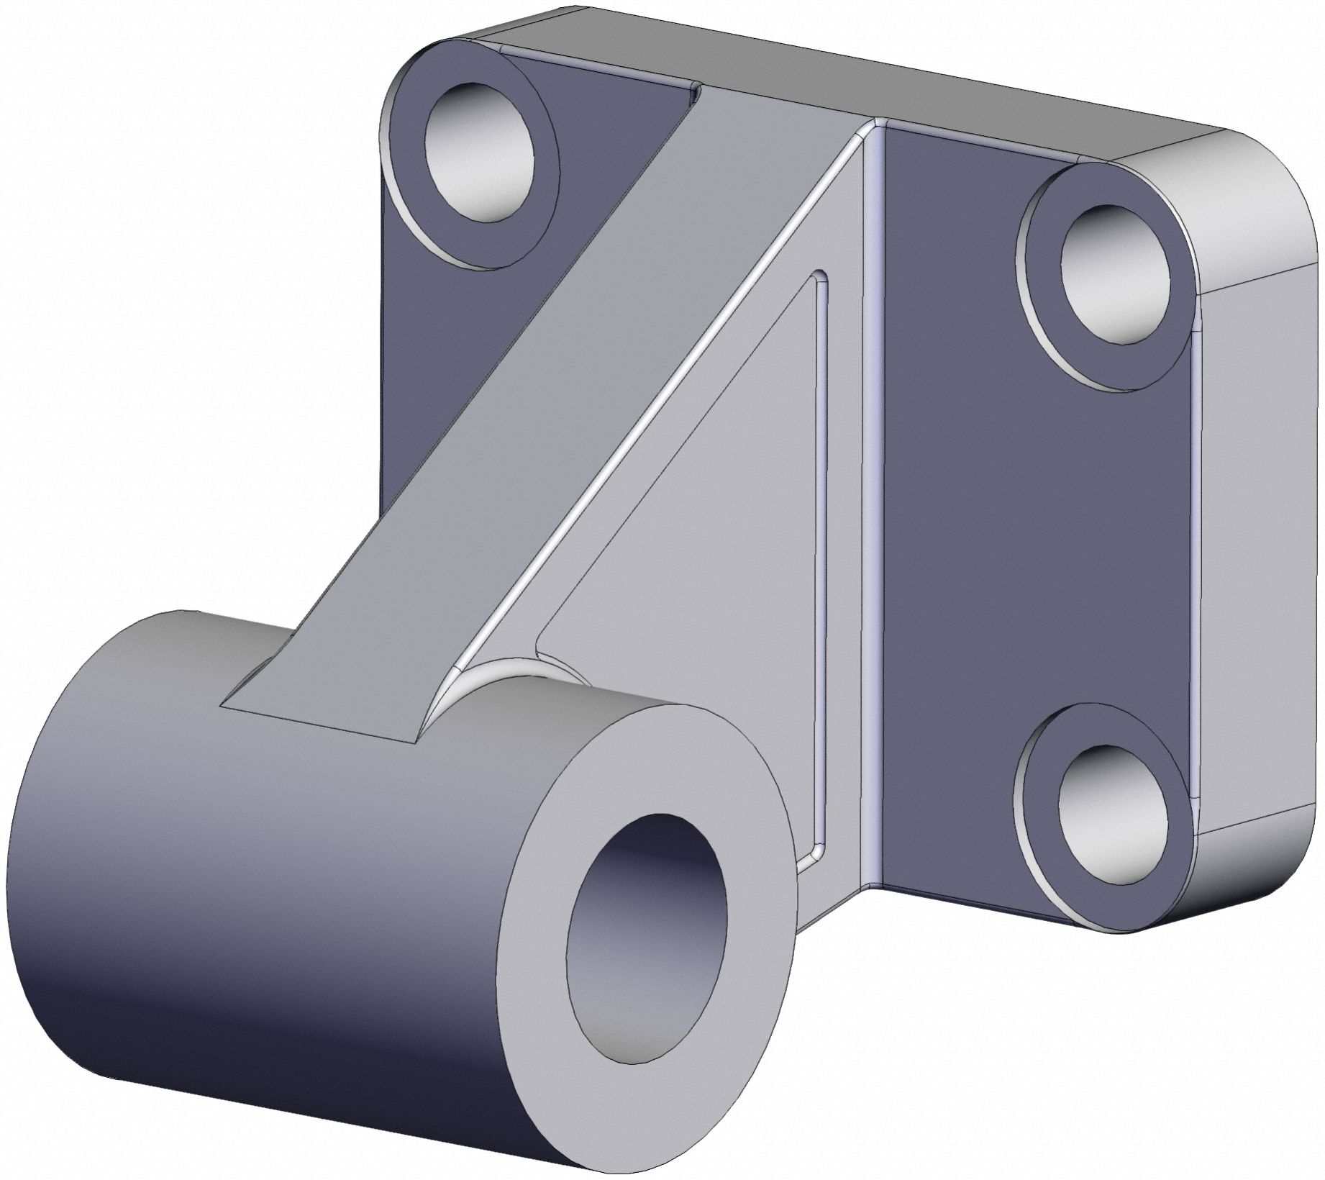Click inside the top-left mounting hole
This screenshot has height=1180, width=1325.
478,151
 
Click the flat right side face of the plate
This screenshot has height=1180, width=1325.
1259,561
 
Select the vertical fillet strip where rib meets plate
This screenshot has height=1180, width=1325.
873,504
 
